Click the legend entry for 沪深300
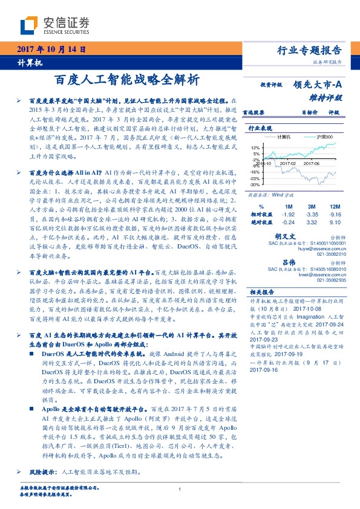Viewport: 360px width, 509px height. tap(328, 137)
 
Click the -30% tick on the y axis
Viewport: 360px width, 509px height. tap(255, 184)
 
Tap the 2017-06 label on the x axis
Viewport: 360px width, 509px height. tap(312, 163)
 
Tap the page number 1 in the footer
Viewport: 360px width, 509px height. tap(180, 489)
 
